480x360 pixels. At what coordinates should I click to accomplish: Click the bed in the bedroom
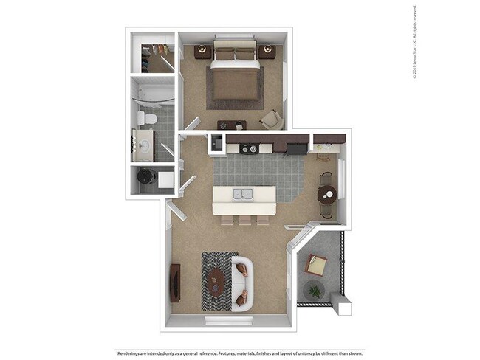point(235,77)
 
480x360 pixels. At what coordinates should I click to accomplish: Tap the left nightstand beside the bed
point(202,51)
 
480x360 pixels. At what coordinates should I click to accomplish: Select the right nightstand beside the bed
point(267,51)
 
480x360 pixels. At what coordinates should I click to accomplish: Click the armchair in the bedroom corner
point(270,118)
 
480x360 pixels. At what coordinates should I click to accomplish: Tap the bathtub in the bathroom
point(153,94)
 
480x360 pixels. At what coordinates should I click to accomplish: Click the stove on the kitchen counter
point(249,148)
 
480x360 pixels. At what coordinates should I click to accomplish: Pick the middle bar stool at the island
point(244,220)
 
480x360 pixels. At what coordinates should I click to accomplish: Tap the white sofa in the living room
point(242,283)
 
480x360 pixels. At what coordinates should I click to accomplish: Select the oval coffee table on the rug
point(216,280)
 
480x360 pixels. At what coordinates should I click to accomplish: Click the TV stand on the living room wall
point(175,283)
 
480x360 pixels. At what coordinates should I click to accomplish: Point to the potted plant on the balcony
point(315,291)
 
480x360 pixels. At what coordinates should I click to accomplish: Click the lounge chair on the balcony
point(316,265)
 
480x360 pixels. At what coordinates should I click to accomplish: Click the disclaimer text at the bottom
point(240,353)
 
